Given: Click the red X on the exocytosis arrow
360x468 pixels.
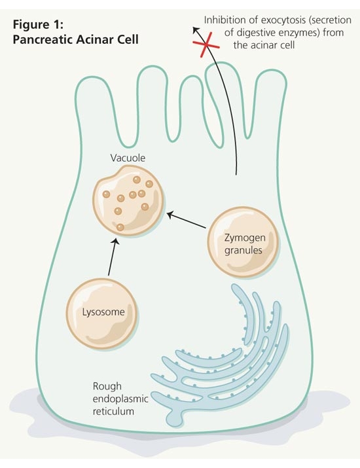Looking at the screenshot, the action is click(206, 45).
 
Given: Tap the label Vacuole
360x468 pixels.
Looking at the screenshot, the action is click(128, 158).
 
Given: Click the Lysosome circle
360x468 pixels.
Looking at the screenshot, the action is click(102, 314).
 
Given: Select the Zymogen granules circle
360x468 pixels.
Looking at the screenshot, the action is click(243, 242).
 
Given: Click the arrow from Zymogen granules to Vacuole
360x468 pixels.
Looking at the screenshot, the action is click(186, 220).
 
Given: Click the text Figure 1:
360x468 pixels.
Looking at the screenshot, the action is click(38, 24).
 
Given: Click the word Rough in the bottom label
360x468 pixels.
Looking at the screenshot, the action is click(107, 386).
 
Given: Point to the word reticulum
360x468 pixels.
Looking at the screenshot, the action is click(113, 411).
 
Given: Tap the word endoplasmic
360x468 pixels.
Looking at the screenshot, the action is click(120, 399).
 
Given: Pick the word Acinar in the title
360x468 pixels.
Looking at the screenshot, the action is click(95, 39).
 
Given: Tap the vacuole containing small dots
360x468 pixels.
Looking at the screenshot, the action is click(128, 200).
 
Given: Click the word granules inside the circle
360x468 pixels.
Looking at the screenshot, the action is click(243, 251).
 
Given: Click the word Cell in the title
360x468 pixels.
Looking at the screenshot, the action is click(128, 39).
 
